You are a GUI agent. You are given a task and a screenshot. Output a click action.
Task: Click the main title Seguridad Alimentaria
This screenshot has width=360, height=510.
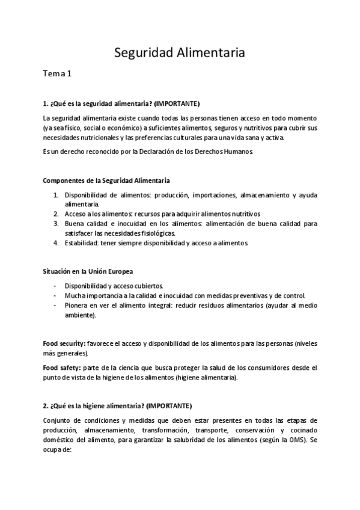coord(180,53)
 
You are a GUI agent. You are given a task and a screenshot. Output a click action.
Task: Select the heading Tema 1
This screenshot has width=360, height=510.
coord(57,74)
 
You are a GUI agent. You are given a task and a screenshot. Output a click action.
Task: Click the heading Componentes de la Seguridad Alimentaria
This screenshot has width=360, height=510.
coord(106,180)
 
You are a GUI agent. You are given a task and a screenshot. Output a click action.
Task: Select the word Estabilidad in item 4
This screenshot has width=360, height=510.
coord(83,243)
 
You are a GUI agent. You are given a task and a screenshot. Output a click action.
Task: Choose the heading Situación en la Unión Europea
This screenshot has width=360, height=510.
coord(88,272)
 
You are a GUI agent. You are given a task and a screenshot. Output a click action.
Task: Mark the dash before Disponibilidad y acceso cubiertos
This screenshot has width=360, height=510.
coord(55,286)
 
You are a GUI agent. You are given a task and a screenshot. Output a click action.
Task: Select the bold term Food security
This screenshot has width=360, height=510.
coord(63,343)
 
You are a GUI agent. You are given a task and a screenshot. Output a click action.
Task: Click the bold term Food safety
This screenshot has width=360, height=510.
coord(59,367)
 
